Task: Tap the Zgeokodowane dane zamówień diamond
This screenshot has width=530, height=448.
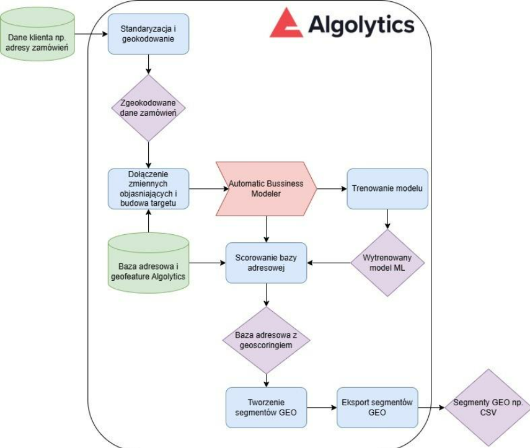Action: (149, 108)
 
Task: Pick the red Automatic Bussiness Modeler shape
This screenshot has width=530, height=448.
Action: (265, 188)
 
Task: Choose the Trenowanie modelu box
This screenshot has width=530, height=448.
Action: (387, 188)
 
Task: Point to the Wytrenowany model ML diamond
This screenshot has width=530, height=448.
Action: (387, 263)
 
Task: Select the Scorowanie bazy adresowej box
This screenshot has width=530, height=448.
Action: (266, 263)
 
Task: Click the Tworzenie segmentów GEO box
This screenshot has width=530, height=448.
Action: (266, 407)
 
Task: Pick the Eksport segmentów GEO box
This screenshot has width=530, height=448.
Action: (377, 407)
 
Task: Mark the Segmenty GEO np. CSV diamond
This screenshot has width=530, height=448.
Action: (487, 407)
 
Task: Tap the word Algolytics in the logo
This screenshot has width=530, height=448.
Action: (361, 25)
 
